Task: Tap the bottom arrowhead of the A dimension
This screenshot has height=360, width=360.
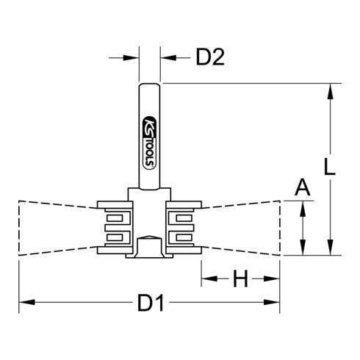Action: [301, 247]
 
